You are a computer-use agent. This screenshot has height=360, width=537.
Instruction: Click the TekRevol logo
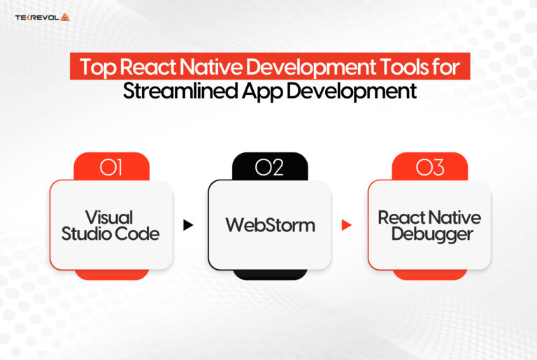pyautogui.click(x=42, y=17)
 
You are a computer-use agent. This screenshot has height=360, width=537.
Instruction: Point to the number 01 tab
pyautogui.click(x=111, y=168)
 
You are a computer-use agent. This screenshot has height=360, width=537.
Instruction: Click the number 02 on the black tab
pyautogui.click(x=269, y=168)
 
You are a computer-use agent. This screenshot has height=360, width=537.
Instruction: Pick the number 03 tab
pyautogui.click(x=429, y=168)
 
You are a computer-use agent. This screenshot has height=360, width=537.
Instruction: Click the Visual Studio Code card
pyautogui.click(x=110, y=225)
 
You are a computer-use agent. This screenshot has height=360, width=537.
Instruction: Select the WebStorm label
pyautogui.click(x=270, y=225)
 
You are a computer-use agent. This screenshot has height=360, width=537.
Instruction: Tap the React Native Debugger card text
pyautogui.click(x=429, y=225)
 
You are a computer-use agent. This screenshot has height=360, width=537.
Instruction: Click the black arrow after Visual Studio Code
pyautogui.click(x=187, y=225)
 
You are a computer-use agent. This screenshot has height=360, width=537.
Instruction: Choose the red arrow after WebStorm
pyautogui.click(x=345, y=225)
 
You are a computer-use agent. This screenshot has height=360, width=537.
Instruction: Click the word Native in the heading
pyautogui.click(x=198, y=69)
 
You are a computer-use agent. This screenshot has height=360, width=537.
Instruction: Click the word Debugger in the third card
pyautogui.click(x=429, y=234)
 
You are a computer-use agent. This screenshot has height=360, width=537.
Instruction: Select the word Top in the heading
pyautogui.click(x=93, y=69)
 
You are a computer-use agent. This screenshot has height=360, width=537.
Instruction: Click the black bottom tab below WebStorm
pyautogui.click(x=269, y=274)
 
